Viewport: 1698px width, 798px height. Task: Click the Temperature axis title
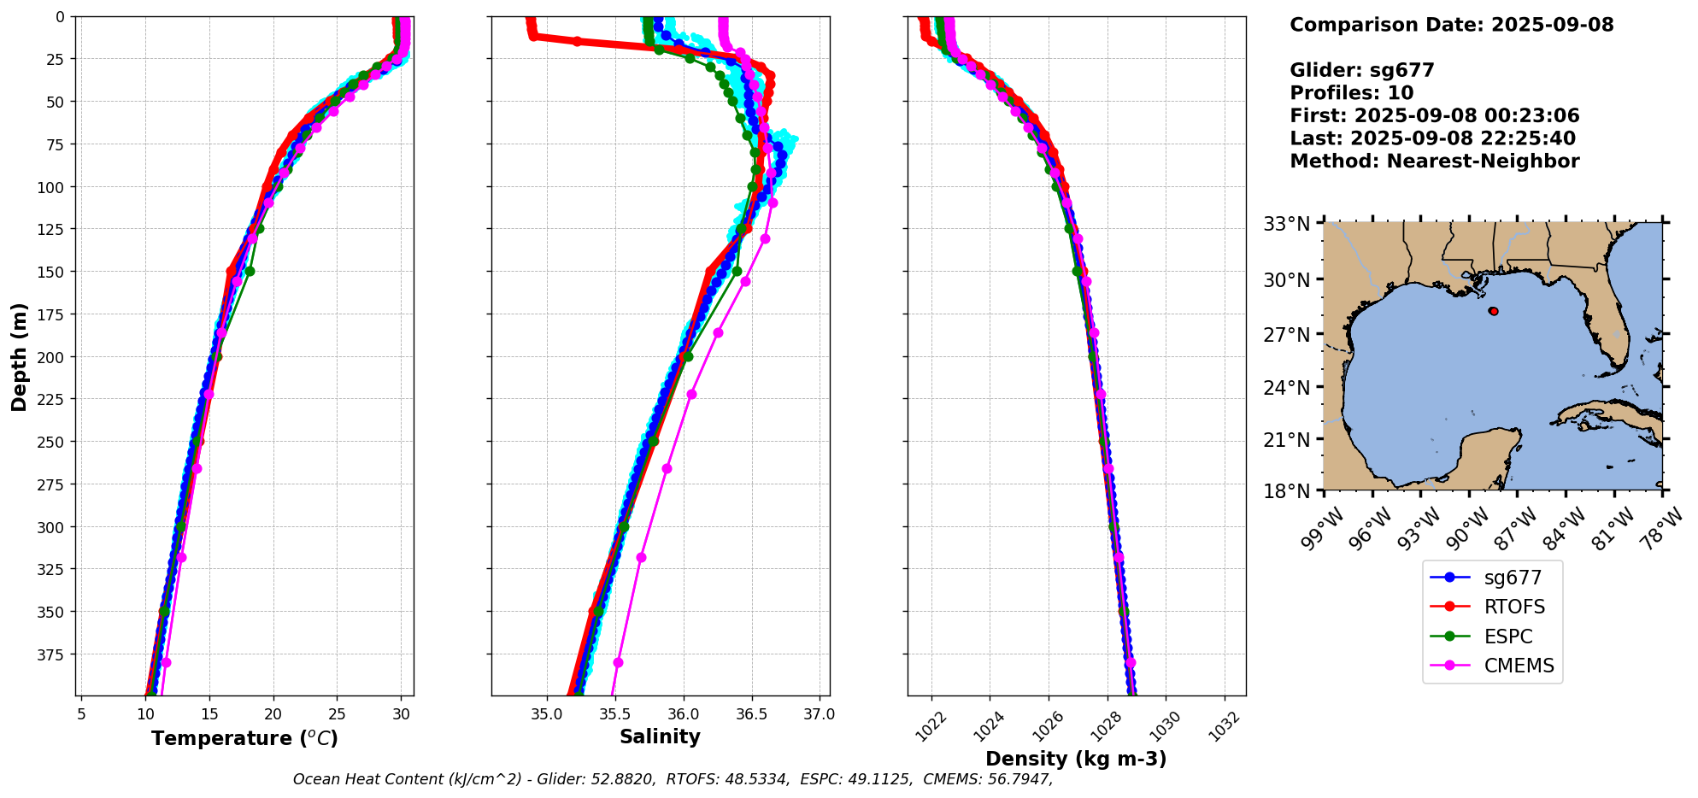point(244,739)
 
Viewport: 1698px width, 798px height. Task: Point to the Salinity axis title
point(660,737)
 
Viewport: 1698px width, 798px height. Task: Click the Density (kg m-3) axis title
point(1076,759)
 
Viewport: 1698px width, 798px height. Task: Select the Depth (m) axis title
point(20,356)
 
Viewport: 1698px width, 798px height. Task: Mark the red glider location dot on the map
point(1493,311)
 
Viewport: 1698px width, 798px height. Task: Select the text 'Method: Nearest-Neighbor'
point(1434,161)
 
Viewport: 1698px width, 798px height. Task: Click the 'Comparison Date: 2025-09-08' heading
point(1451,25)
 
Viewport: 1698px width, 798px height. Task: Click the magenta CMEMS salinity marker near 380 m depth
point(618,663)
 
